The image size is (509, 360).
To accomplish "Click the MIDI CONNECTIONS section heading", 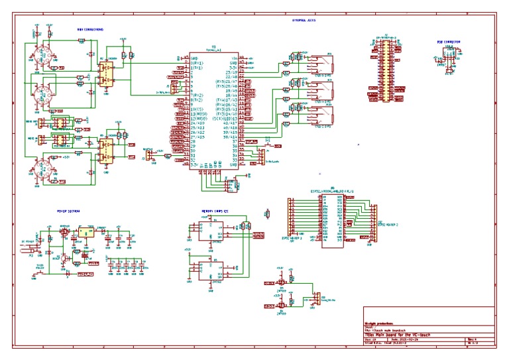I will [x=89, y=29].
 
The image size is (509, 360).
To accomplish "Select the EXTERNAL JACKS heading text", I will [x=304, y=21].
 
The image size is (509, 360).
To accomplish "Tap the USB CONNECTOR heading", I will [x=449, y=42].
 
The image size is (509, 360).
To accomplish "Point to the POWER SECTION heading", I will [x=68, y=211].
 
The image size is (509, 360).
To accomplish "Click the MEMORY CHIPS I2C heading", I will [x=216, y=211].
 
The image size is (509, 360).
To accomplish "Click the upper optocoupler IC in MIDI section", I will [x=106, y=71].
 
